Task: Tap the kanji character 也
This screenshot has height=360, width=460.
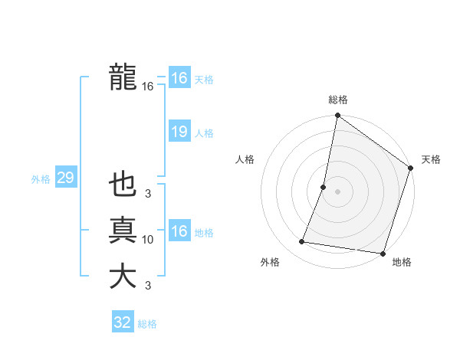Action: click(123, 185)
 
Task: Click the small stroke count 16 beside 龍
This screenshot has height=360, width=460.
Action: click(148, 87)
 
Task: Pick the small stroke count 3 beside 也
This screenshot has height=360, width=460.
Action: click(148, 195)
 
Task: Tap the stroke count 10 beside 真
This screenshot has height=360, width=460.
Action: click(148, 241)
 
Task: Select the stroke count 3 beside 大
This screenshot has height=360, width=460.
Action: click(148, 286)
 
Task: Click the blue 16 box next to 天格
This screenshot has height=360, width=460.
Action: click(179, 78)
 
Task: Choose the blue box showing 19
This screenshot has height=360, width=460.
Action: click(179, 132)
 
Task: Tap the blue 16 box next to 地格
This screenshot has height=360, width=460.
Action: click(179, 231)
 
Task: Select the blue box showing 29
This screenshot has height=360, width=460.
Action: click(65, 178)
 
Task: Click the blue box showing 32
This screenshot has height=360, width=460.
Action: click(123, 322)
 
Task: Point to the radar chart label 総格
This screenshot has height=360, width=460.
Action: click(338, 100)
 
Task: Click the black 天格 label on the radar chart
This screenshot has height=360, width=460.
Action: click(431, 159)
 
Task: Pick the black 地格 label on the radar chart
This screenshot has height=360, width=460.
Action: click(402, 262)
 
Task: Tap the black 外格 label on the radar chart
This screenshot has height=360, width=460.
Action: click(270, 262)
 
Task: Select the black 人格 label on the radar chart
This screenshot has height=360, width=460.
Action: click(245, 159)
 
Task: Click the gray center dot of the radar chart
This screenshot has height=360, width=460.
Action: click(337, 191)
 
